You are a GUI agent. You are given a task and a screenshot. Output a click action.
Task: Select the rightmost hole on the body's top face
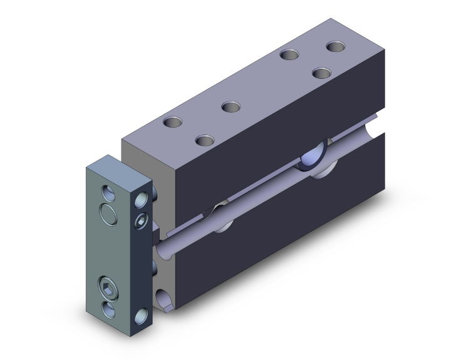[336, 46]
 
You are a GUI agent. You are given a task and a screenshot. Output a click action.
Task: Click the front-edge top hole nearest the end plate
[204, 139]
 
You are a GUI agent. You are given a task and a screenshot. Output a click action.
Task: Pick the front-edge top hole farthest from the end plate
[322, 74]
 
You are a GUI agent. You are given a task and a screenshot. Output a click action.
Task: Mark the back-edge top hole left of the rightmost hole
[289, 54]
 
